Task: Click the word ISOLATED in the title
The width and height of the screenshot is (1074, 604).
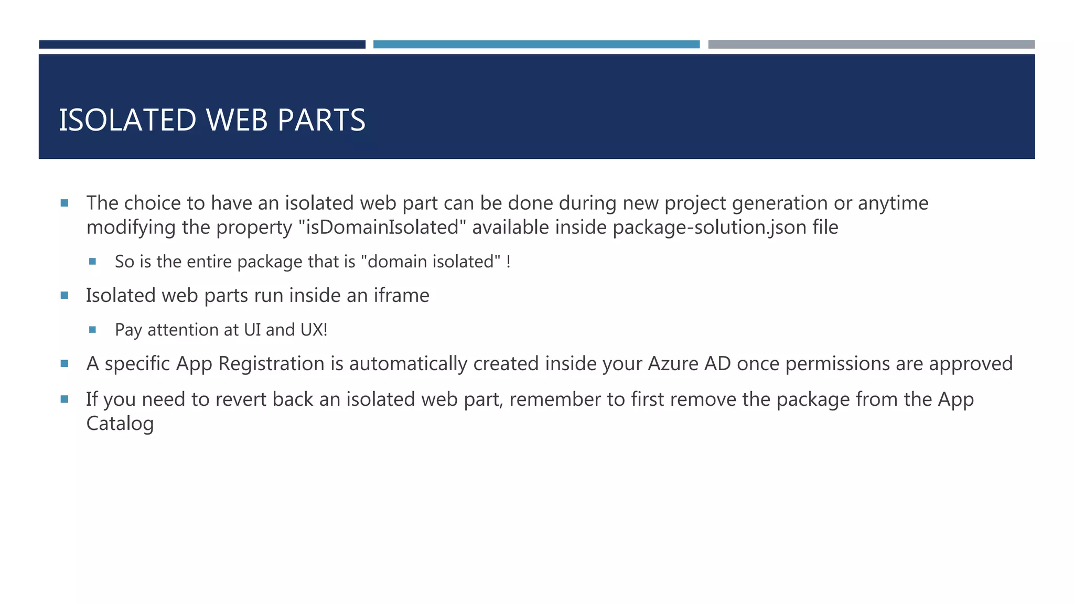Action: (x=127, y=120)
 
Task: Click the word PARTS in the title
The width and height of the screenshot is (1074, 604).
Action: (x=321, y=120)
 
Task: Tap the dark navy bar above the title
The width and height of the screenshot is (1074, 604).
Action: (x=202, y=45)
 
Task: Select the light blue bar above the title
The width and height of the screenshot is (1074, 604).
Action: (x=536, y=45)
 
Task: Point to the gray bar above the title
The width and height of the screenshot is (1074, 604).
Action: (x=871, y=45)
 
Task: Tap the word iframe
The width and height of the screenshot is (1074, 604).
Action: (x=401, y=296)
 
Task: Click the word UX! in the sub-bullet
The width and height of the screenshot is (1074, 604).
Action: (x=314, y=330)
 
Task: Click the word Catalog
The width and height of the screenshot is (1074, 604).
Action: (x=120, y=424)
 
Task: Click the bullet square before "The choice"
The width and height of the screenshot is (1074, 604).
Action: (x=65, y=203)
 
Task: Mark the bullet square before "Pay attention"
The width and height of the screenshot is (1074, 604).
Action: (x=93, y=330)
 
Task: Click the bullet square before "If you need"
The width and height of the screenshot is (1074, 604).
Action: (x=65, y=399)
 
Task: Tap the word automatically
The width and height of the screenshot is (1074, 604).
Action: (x=408, y=364)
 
